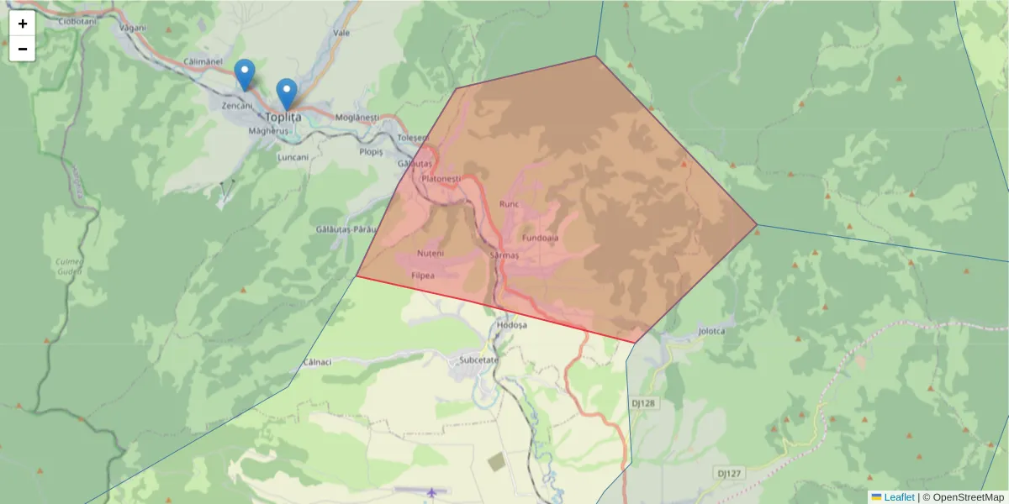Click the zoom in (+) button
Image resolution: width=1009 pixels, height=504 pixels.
[23, 24]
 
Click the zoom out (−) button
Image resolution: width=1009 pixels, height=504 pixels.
[23, 49]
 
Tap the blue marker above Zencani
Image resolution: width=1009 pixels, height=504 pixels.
[245, 75]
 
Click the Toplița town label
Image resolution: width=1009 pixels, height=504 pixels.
[283, 118]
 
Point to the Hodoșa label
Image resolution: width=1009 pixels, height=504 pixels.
[511, 324]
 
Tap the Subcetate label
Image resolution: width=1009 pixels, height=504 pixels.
[478, 360]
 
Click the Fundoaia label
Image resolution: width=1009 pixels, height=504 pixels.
[540, 238]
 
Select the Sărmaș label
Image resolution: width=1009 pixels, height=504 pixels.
[504, 254]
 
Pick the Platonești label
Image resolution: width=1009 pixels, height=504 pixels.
[441, 179]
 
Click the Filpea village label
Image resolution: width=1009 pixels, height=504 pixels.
[423, 275]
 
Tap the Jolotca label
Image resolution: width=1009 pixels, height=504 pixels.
[711, 331]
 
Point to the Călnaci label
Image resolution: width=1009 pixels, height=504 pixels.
[317, 362]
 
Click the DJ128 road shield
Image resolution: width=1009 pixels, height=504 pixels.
[642, 403]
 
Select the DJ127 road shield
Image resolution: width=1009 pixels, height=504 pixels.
[730, 474]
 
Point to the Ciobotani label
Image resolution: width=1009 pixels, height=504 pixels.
[79, 22]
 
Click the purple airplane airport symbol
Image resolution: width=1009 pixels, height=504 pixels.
[432, 492]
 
